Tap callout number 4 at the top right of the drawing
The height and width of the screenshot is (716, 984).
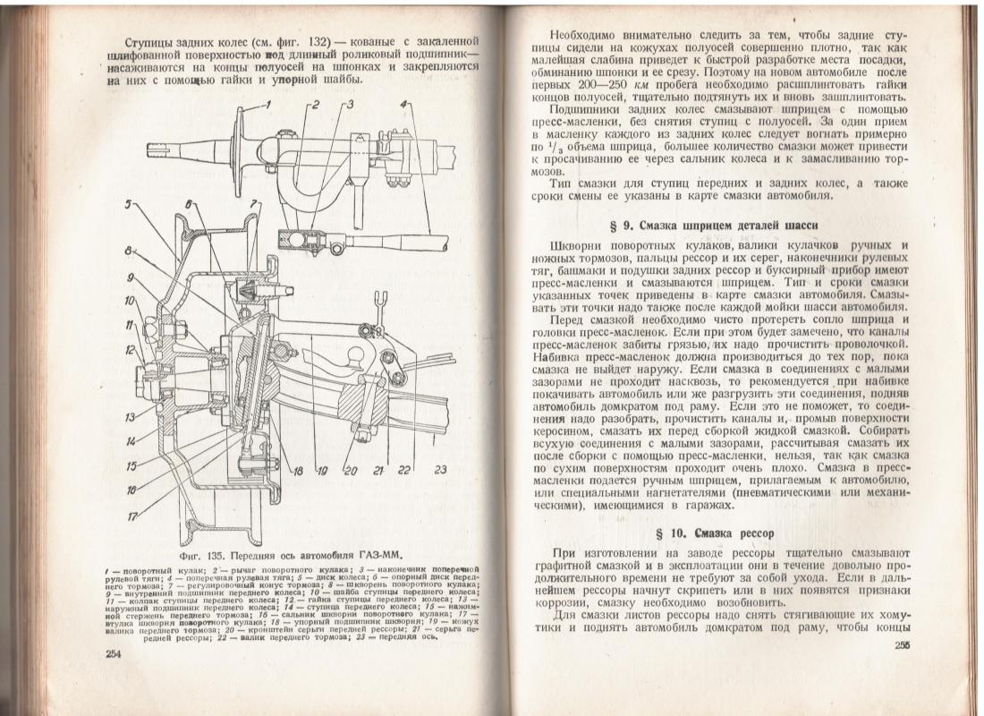click(x=405, y=105)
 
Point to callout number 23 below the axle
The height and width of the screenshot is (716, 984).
click(x=439, y=470)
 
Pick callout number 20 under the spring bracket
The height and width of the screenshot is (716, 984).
click(x=351, y=471)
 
